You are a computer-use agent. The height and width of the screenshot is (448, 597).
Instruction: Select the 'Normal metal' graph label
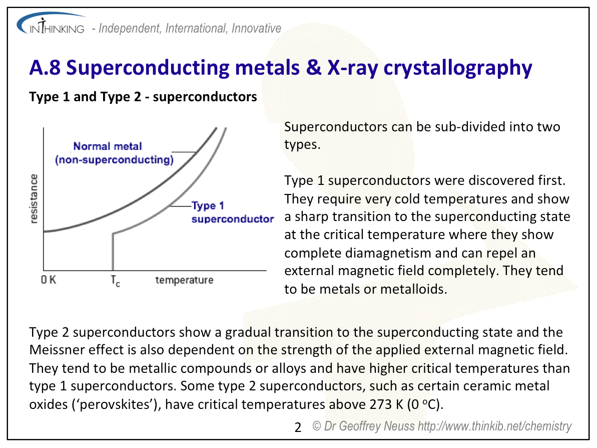coord(108,146)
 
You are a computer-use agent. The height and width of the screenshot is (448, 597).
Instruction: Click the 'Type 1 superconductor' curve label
coord(232,212)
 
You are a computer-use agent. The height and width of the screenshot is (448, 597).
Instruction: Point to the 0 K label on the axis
coord(49,280)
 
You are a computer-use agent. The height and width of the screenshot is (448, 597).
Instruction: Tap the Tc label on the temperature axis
coord(116,281)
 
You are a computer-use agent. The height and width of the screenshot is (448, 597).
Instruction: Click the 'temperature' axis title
coord(184,280)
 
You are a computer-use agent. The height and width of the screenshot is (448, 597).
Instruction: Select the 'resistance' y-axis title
coord(34,198)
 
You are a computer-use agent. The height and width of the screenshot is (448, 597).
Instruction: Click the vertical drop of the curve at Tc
coord(113,252)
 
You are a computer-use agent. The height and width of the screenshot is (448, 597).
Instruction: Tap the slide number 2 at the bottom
coord(298,427)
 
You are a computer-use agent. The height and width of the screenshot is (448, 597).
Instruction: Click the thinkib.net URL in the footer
coord(494,426)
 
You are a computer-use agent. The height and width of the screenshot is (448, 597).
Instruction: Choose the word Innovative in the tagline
coord(256,28)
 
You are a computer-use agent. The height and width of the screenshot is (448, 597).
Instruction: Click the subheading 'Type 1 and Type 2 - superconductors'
coord(143,97)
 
